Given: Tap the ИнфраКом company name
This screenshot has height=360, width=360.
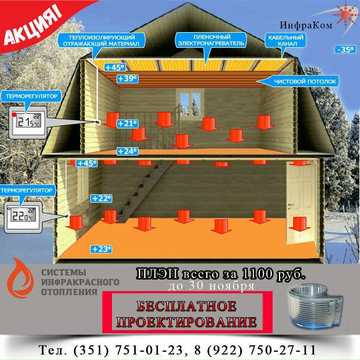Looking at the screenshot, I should pyautogui.click(x=305, y=25).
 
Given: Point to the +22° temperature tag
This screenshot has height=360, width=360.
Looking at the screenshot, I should pyautogui.click(x=101, y=198).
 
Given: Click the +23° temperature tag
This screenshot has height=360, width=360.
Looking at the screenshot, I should pyautogui.click(x=101, y=249).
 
